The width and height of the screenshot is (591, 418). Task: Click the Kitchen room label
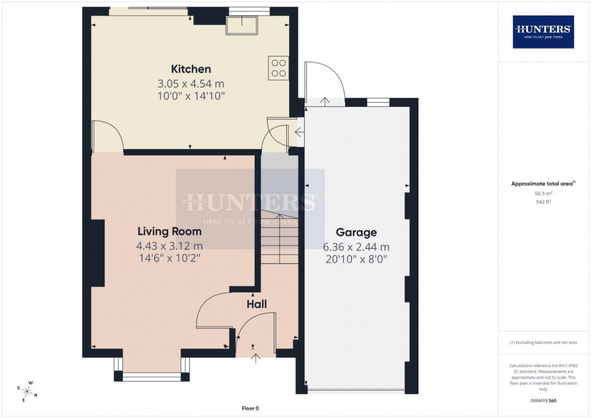coord(191,69)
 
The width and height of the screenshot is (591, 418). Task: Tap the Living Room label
coord(170,231)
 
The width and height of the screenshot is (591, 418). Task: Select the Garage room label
coord(356,233)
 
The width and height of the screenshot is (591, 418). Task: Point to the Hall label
coord(257,304)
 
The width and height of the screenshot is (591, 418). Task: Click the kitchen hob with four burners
coord(279,68)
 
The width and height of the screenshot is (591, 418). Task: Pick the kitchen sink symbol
coord(242,25)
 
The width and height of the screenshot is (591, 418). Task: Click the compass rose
coord(27,391)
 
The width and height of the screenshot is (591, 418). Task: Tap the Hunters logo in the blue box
coord(543,32)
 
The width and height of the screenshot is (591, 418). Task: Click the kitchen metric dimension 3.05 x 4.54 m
coord(191,84)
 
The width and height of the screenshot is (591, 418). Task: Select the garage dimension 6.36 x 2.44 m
coord(356,247)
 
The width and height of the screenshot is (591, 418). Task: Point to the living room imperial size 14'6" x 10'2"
coord(170,258)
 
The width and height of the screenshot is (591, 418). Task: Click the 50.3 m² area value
coord(543,193)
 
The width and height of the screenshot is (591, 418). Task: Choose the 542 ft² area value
coord(543,202)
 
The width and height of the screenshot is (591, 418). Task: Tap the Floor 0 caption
coord(250,409)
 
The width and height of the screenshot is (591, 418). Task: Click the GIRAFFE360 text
coord(543,401)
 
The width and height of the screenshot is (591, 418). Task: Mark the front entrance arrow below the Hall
coord(256,358)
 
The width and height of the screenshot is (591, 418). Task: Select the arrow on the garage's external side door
coord(325,102)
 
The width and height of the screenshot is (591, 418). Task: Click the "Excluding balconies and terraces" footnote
coord(543,342)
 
